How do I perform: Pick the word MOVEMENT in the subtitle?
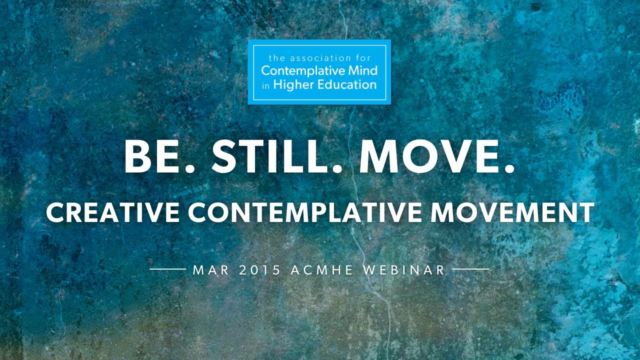tap(512, 212)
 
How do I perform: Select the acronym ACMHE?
tap(321, 270)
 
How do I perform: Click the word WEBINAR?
tap(404, 270)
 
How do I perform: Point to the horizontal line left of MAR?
tap(168, 269)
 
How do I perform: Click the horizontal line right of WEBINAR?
tap(470, 269)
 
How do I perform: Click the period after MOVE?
tap(509, 168)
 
